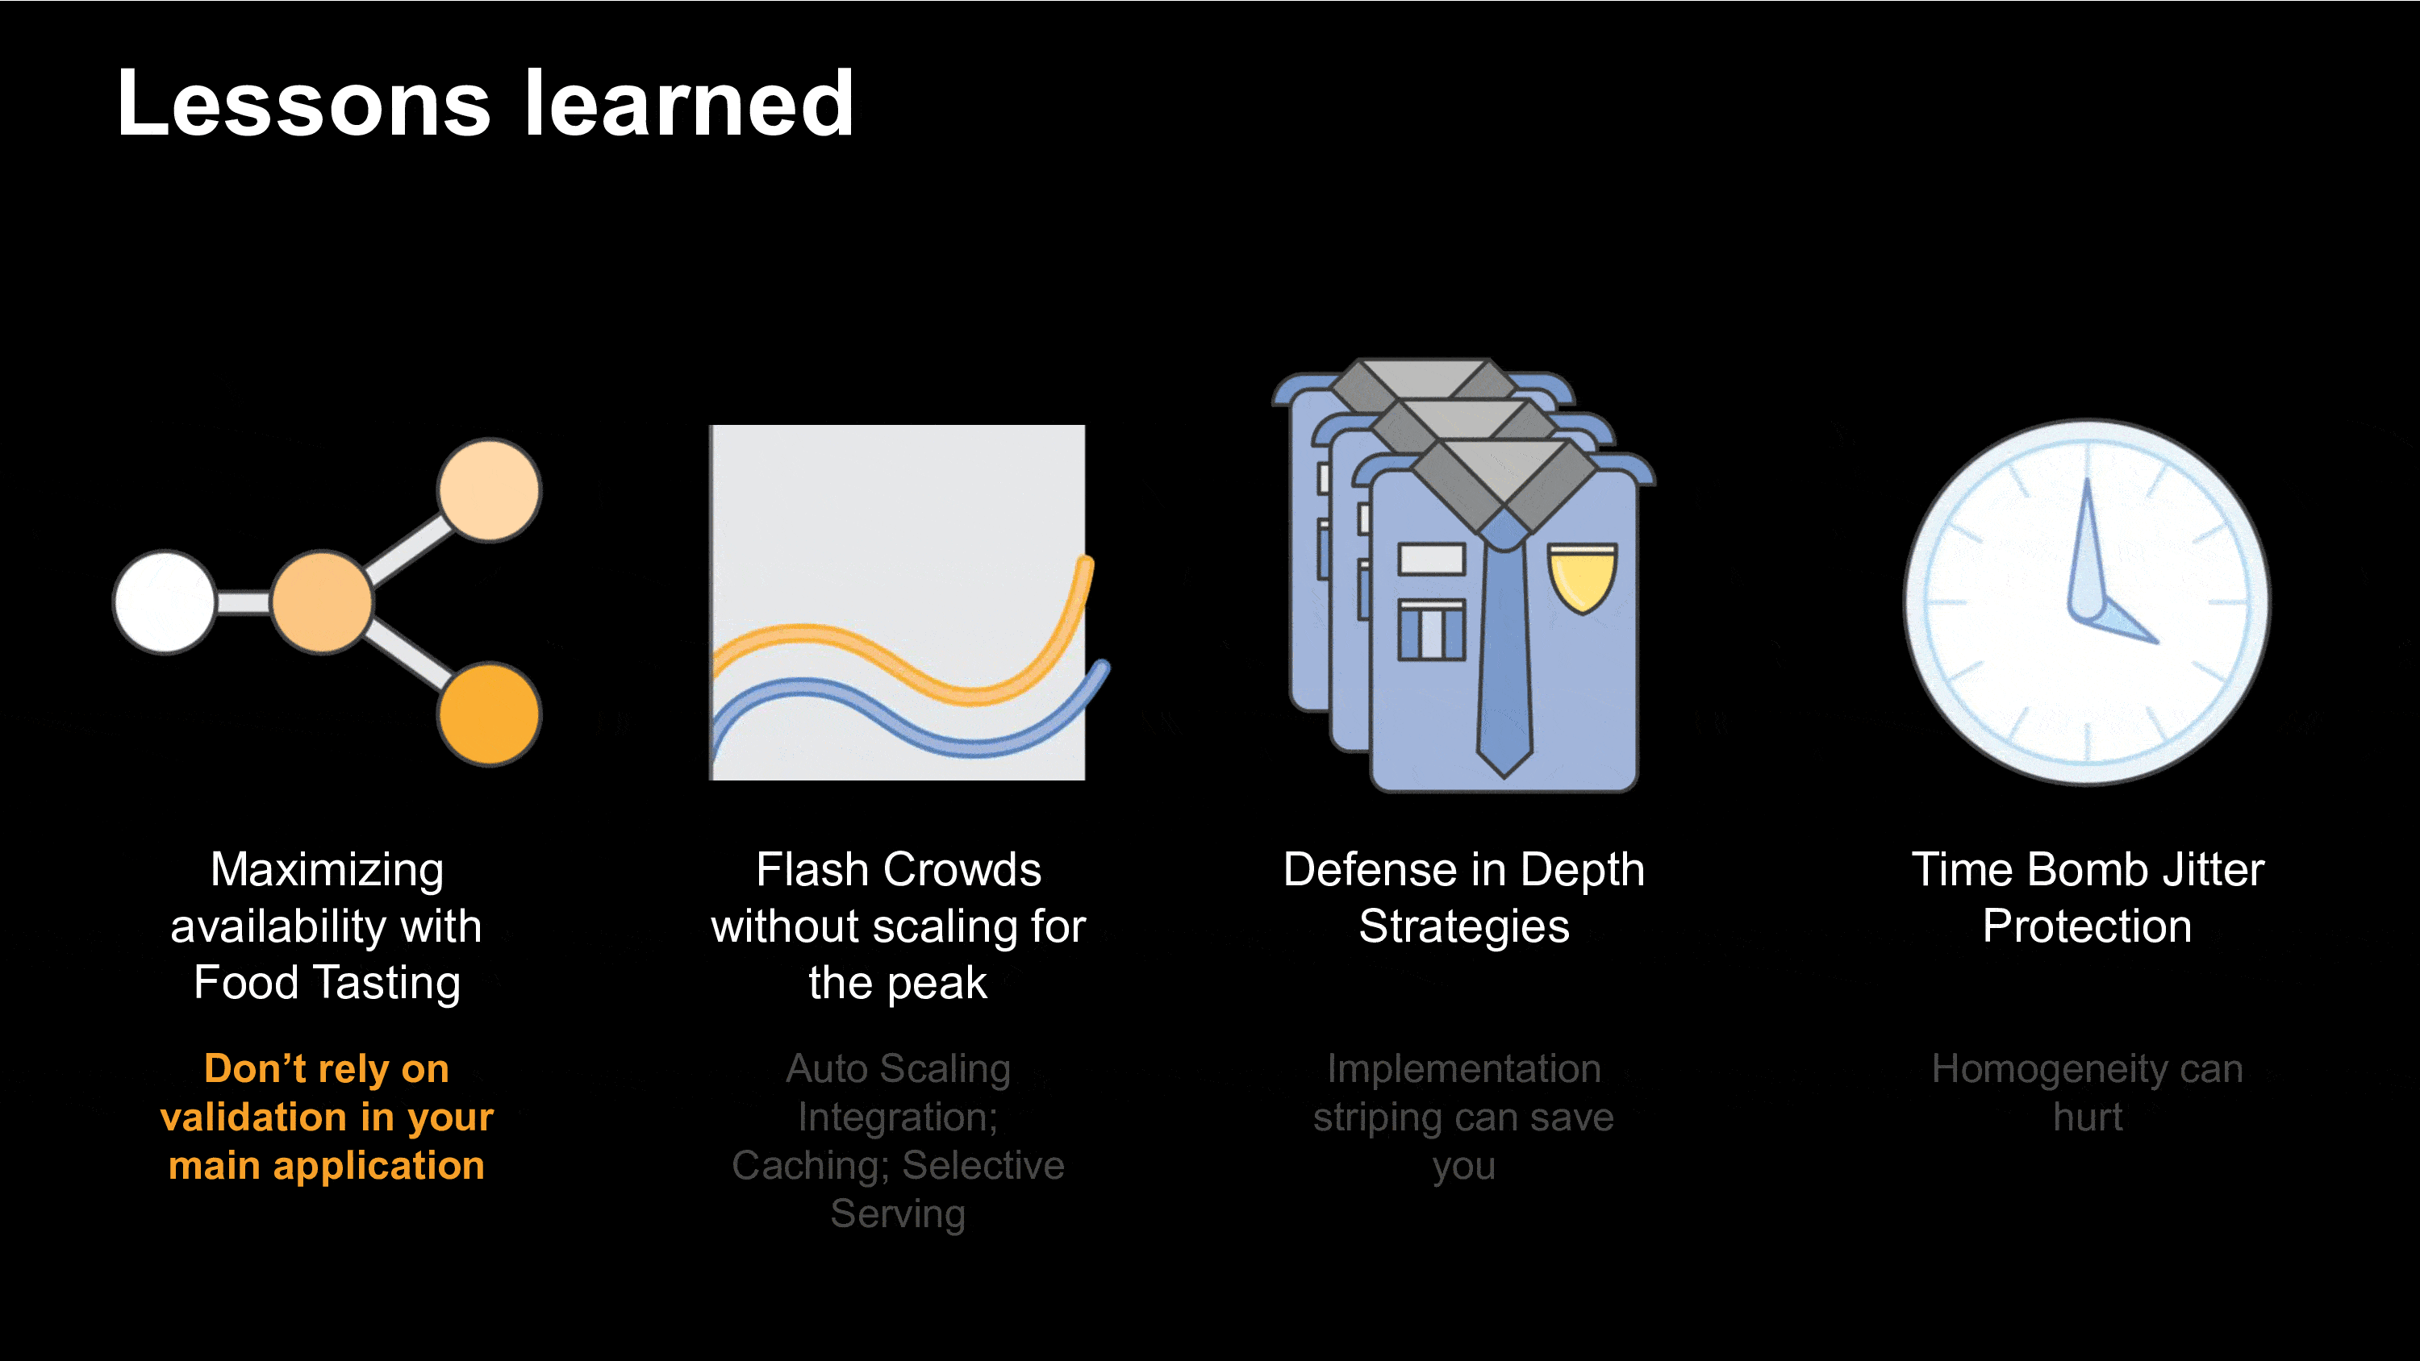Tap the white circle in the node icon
[x=165, y=602]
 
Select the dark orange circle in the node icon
[x=489, y=714]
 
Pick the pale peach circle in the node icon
[x=489, y=490]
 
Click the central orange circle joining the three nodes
[x=322, y=602]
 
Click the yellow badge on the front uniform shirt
[x=1582, y=576]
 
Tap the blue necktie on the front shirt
[x=1504, y=648]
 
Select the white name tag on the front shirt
[x=1431, y=559]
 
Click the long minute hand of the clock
[x=2084, y=549]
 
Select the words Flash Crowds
[x=898, y=870]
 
